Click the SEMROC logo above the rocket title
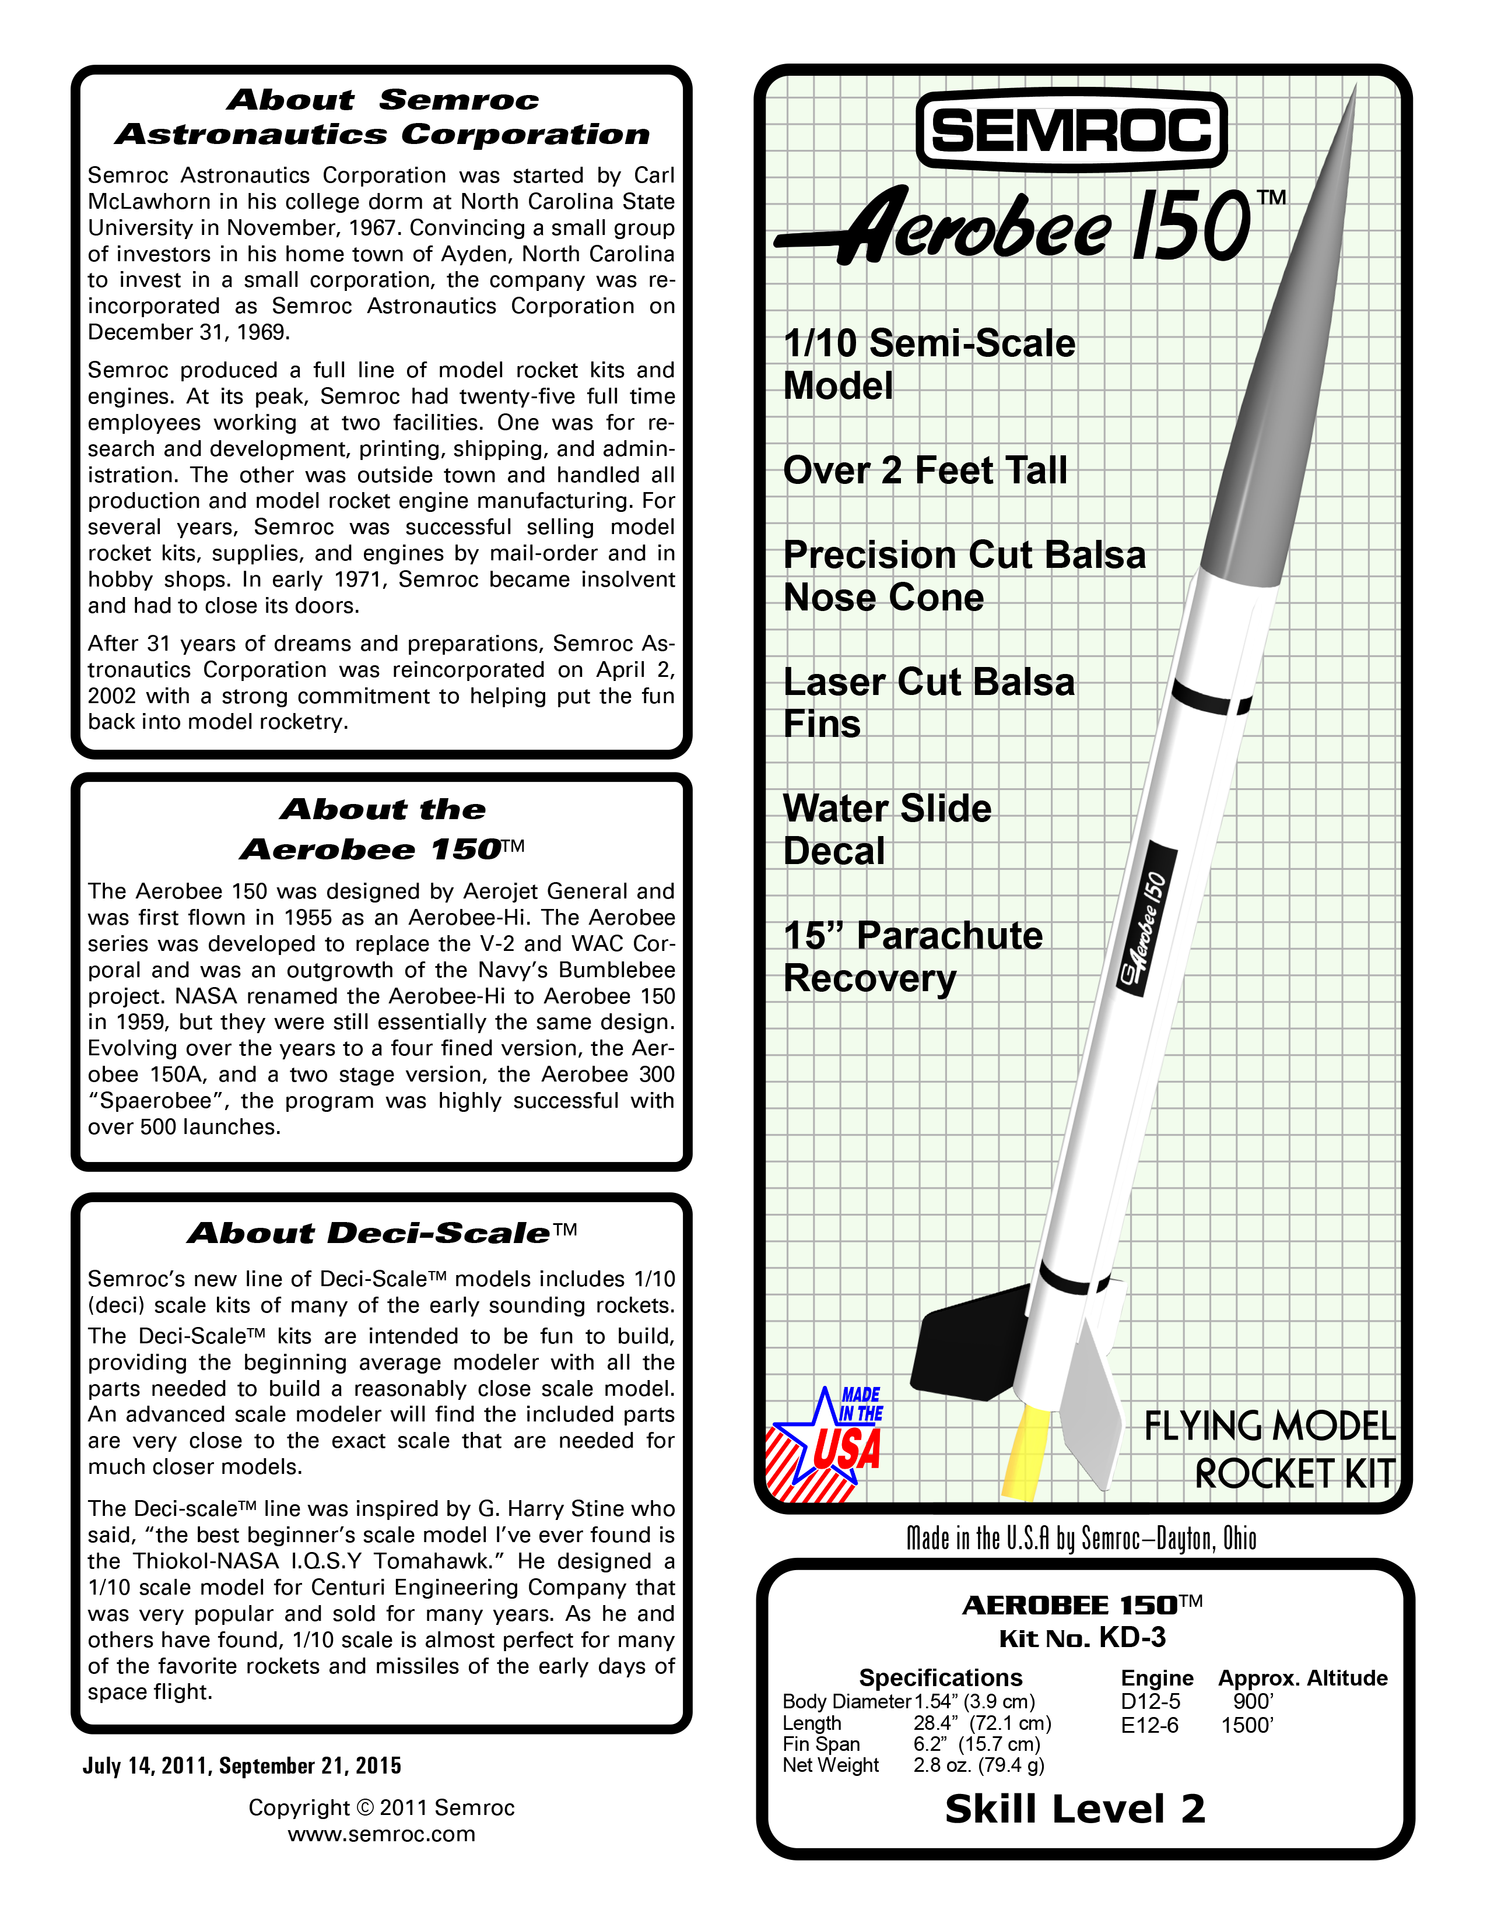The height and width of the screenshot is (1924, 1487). tap(1071, 131)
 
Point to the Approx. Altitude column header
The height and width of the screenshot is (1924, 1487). tap(1302, 1678)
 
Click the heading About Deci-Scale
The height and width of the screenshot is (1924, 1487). tap(381, 1233)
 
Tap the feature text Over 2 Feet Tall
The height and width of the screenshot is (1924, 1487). tap(925, 471)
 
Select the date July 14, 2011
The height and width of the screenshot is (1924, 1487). tap(146, 1765)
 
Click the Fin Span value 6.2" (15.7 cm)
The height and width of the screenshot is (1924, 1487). tap(976, 1744)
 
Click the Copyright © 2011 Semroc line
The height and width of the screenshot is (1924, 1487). tap(381, 1808)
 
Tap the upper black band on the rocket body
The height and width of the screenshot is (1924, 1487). tap(1211, 698)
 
